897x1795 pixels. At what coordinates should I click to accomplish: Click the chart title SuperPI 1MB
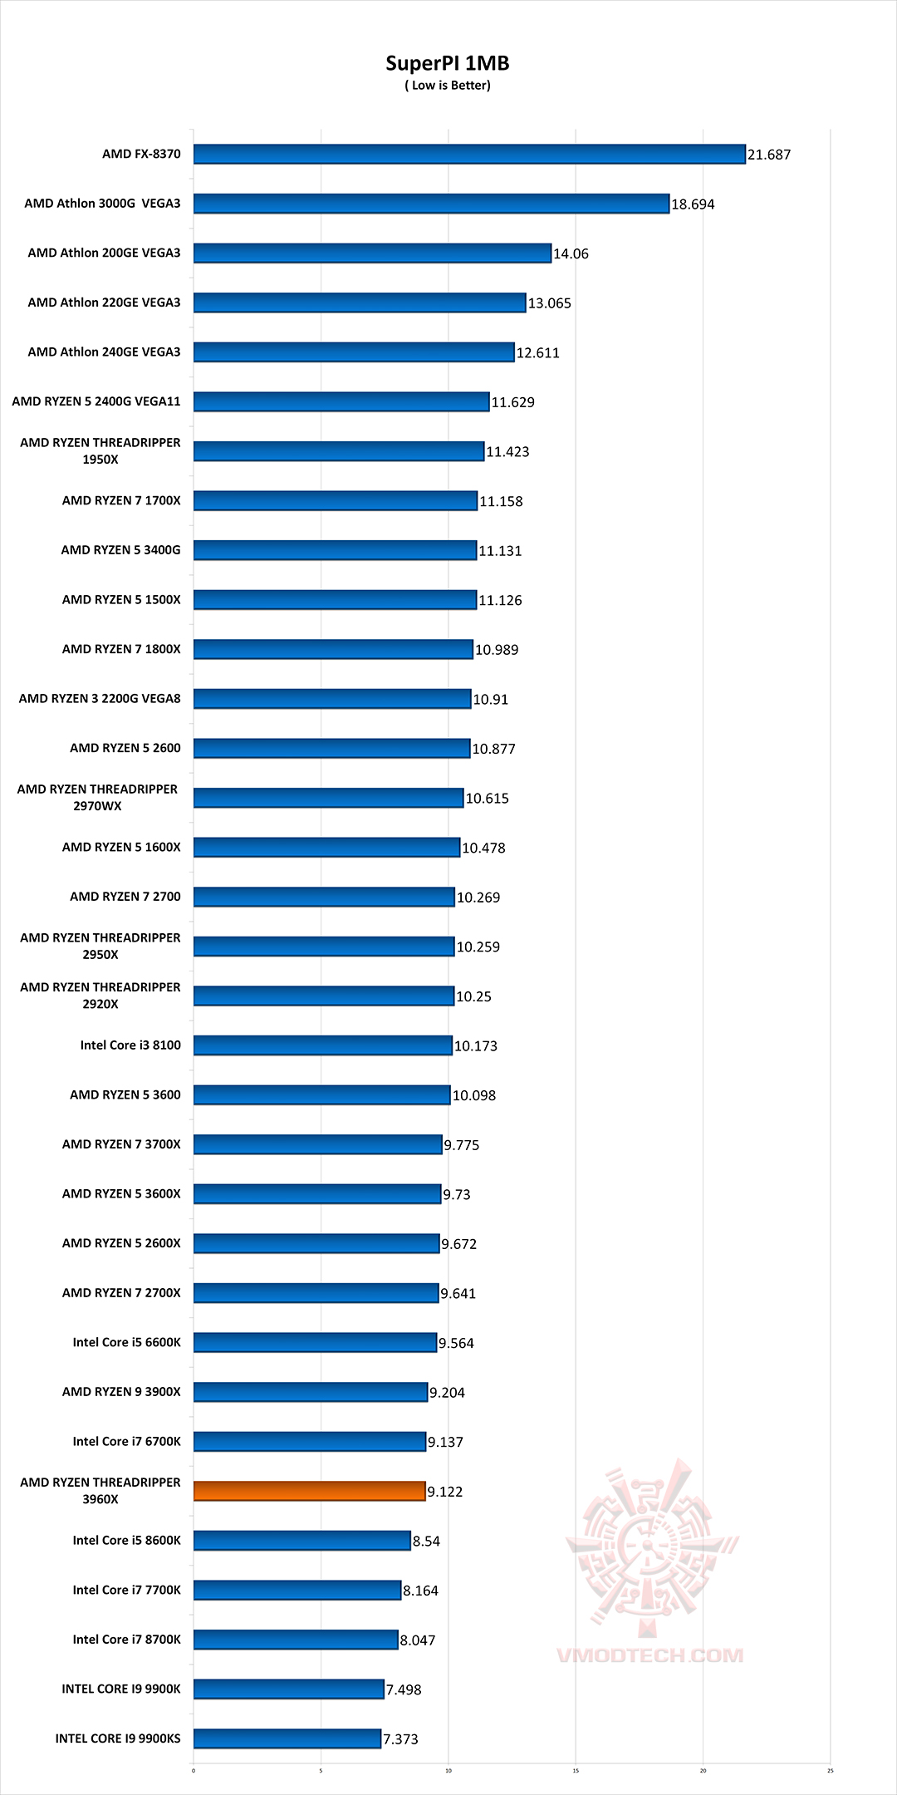(447, 63)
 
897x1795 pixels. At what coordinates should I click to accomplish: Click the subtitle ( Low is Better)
(448, 86)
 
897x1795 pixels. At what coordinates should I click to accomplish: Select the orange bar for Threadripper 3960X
(309, 1491)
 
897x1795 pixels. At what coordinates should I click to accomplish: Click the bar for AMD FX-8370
(469, 154)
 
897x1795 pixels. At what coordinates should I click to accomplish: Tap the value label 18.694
(693, 204)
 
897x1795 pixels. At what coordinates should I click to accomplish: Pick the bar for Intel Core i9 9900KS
(287, 1738)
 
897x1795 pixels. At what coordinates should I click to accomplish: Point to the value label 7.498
(404, 1689)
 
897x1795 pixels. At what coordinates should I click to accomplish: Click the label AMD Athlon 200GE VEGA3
(104, 253)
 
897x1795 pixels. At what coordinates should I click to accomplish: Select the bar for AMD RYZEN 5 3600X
(317, 1194)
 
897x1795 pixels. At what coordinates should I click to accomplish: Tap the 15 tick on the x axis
(576, 1770)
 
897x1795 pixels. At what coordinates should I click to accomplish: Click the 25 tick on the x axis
(830, 1770)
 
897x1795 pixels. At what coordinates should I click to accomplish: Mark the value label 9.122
(445, 1492)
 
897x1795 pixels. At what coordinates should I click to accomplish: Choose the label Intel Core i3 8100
(130, 1045)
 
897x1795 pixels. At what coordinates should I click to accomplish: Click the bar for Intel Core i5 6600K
(315, 1342)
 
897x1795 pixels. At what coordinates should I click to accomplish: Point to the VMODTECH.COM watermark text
(649, 1655)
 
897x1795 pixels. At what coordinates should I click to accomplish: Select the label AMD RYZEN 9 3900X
(121, 1392)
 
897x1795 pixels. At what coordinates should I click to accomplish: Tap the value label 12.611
(538, 353)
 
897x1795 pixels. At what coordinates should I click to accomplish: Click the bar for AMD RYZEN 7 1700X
(336, 500)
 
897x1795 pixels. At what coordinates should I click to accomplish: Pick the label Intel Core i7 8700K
(126, 1640)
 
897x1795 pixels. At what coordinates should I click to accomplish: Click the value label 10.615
(488, 799)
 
